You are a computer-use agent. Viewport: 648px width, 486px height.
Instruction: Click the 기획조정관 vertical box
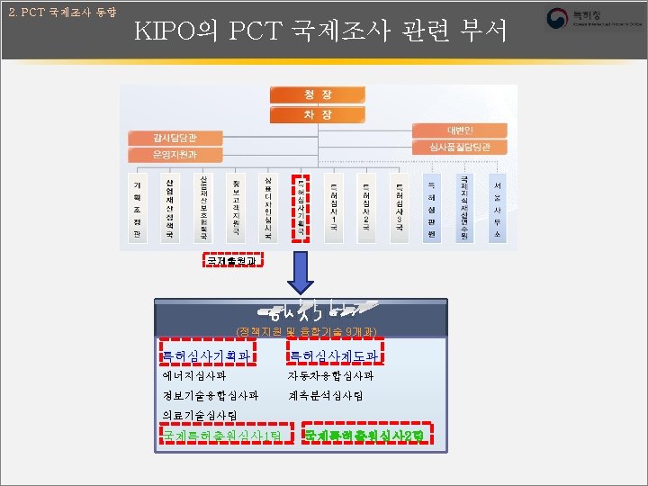pos(137,207)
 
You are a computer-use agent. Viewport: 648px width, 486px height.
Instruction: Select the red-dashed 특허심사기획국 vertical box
pos(301,207)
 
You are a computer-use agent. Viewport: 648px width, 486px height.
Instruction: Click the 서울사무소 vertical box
pos(497,207)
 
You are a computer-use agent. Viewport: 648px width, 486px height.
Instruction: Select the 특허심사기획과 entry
pos(203,355)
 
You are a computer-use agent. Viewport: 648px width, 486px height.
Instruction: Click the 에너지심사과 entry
pos(193,376)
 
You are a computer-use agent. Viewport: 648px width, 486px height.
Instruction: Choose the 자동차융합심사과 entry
pos(329,376)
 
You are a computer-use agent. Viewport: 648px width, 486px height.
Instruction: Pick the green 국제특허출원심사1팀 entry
pos(222,436)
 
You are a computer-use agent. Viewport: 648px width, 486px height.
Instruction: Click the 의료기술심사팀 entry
pos(199,416)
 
